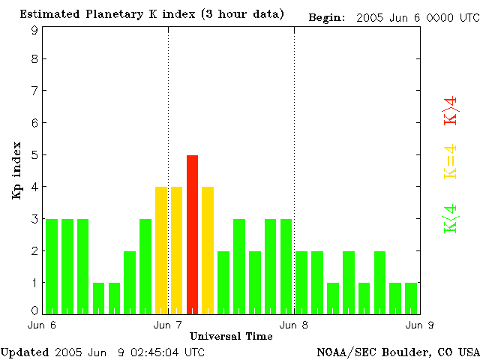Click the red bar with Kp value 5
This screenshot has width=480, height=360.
[192, 234]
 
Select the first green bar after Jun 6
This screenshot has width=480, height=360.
[52, 266]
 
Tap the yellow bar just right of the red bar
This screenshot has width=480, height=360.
[208, 250]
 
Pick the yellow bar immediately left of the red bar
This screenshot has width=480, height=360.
[176, 250]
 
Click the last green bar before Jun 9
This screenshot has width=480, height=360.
[411, 298]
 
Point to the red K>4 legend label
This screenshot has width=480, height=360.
[451, 110]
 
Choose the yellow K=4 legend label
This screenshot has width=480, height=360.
[451, 162]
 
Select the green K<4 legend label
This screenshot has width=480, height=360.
[451, 218]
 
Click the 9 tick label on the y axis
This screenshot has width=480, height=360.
[34, 30]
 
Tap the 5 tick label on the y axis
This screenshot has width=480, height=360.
[34, 155]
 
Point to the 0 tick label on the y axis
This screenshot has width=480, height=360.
[34, 310]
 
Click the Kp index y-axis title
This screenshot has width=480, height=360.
[16, 170]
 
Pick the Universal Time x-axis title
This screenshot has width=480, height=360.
[231, 336]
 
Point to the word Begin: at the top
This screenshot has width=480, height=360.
[326, 17]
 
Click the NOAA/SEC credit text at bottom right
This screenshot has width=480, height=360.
[397, 351]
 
